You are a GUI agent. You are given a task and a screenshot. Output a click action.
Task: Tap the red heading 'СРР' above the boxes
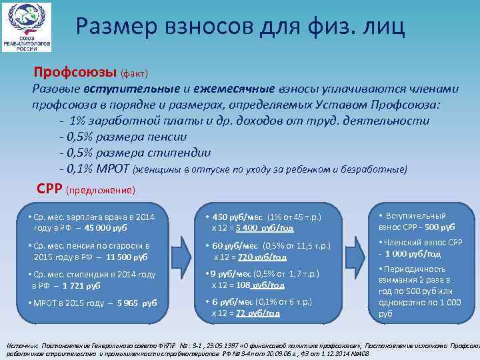[x=50, y=189]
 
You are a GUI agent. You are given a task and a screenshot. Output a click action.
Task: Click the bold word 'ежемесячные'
[x=234, y=89]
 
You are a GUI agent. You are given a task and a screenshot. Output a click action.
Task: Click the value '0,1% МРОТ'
[x=95, y=169]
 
